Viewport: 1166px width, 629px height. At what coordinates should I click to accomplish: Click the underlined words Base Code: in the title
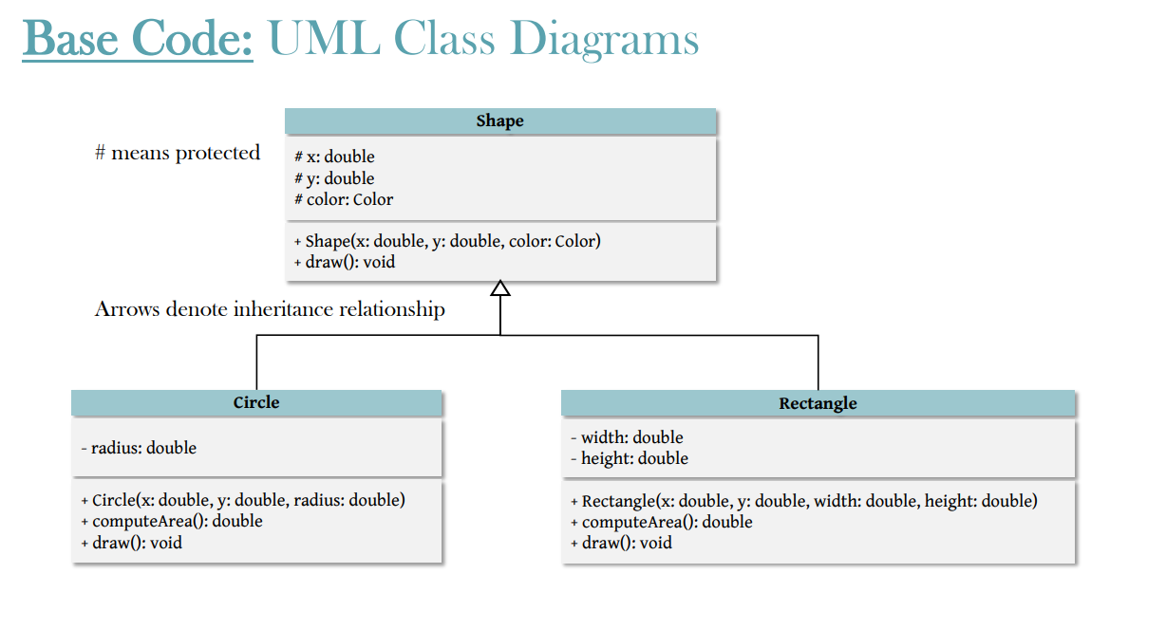click(x=138, y=40)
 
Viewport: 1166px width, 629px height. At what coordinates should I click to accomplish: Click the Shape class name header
click(x=499, y=121)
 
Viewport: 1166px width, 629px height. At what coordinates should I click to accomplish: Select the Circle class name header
click(x=256, y=403)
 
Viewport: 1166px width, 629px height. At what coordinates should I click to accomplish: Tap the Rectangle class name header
click(x=818, y=403)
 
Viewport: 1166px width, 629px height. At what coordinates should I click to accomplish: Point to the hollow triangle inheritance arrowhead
click(x=500, y=288)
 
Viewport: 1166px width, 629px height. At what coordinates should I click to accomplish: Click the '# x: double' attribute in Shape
click(x=334, y=157)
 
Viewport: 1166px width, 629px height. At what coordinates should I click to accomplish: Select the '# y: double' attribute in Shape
click(x=334, y=178)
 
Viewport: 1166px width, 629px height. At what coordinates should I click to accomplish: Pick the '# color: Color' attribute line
click(x=343, y=199)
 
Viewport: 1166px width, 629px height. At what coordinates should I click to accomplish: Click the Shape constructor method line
click(x=447, y=241)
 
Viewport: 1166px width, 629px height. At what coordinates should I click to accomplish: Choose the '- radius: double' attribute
click(x=139, y=448)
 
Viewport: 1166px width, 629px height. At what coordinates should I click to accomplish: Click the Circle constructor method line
click(x=243, y=500)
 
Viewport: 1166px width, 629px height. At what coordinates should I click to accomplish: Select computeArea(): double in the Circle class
click(x=172, y=521)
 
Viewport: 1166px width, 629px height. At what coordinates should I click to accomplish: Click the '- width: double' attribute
click(x=627, y=437)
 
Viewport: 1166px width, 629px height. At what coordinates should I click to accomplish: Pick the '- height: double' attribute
click(x=630, y=458)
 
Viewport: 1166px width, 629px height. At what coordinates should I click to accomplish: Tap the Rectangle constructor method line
click(x=803, y=501)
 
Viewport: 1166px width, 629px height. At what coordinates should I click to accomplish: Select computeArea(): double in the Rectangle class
click(x=661, y=522)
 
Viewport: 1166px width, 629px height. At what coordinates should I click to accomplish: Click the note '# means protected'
click(x=178, y=153)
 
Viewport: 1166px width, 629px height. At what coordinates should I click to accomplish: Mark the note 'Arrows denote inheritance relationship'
click(x=270, y=309)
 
